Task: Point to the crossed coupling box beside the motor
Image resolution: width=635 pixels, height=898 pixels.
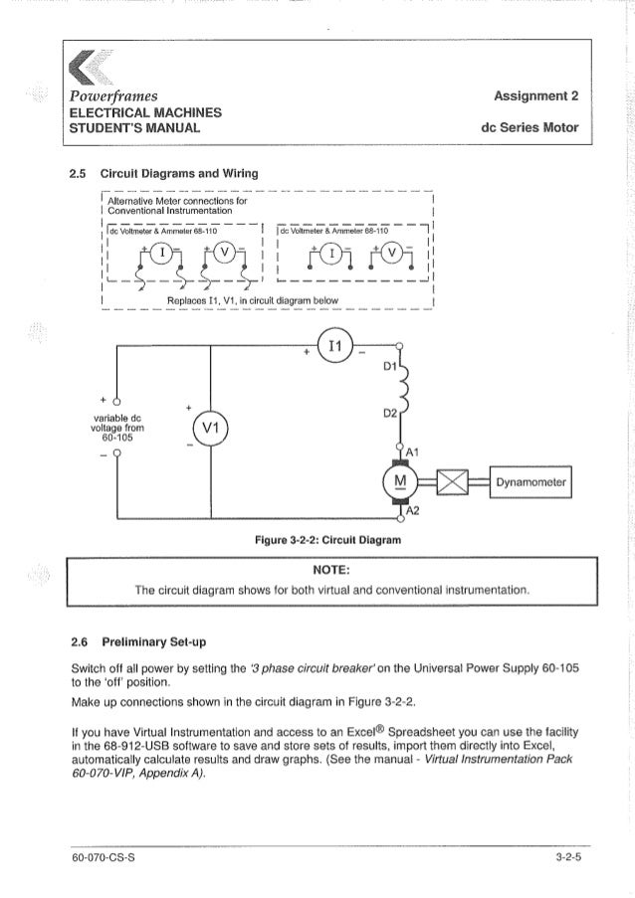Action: point(454,484)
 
